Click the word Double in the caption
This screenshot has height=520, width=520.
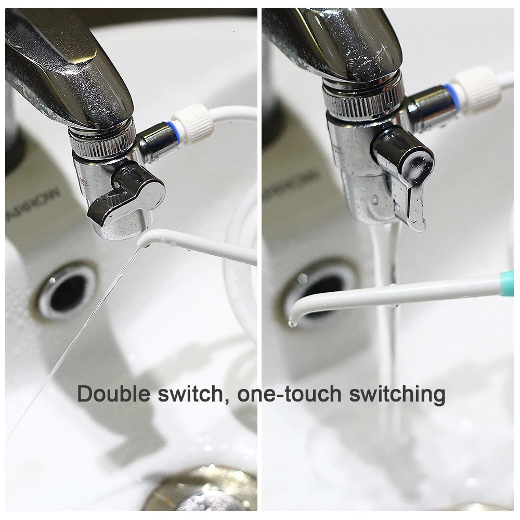[x=113, y=394]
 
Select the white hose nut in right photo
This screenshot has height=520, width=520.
[x=476, y=85]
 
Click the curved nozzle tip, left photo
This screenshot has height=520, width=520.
[x=148, y=240]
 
